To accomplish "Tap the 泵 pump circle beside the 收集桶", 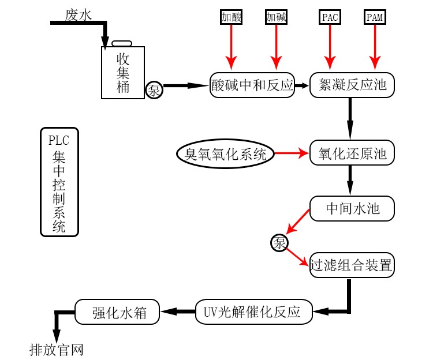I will click(154, 90).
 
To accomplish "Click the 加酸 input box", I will click(231, 17).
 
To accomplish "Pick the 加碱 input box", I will click(276, 17).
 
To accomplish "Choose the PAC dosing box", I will click(330, 17).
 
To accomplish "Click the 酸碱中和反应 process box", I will click(252, 86).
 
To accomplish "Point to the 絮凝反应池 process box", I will click(352, 86).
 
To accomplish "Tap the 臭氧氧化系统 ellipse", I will click(225, 154).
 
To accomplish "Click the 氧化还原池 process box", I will click(352, 154).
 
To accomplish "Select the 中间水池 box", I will click(352, 208).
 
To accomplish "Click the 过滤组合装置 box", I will click(352, 265).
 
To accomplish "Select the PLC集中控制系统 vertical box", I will click(59, 182).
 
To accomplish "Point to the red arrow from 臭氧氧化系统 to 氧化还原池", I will click(292, 154).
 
